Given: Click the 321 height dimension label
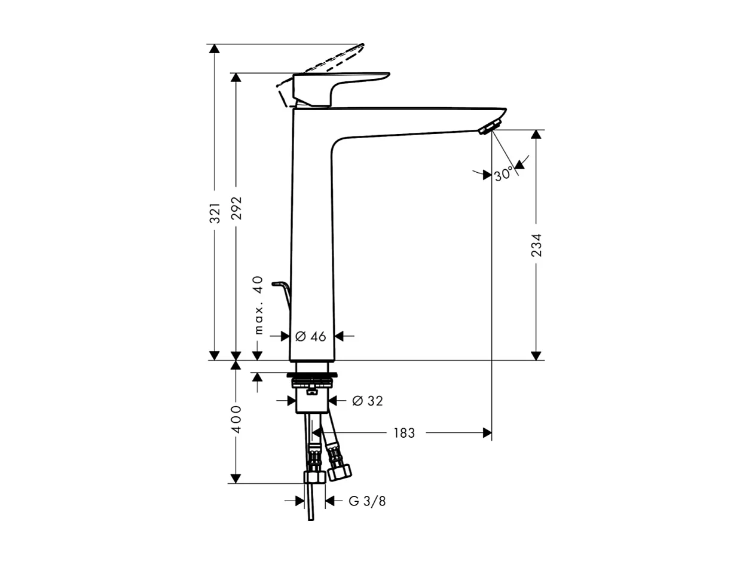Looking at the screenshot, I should pos(215,213).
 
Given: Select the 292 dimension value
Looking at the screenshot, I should pos(237,208).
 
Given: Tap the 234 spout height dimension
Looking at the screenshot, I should pos(536,245).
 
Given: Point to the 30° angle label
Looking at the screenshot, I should pos(503,175).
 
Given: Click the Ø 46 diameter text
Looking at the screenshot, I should pos(311,337).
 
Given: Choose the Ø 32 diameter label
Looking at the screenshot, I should pos(367,401).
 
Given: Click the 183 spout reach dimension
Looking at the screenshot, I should pos(404,433).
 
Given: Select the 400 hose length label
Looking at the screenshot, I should pos(236,419).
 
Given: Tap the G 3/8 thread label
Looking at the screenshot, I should pos(367,501).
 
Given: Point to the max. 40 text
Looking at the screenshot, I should pos(258,305).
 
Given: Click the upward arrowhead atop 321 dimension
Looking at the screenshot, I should pos(214,48).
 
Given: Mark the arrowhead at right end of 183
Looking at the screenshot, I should pos(487,433).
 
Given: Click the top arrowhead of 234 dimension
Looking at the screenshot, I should pos(536,135).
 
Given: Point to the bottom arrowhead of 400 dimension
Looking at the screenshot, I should pos(236,478).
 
